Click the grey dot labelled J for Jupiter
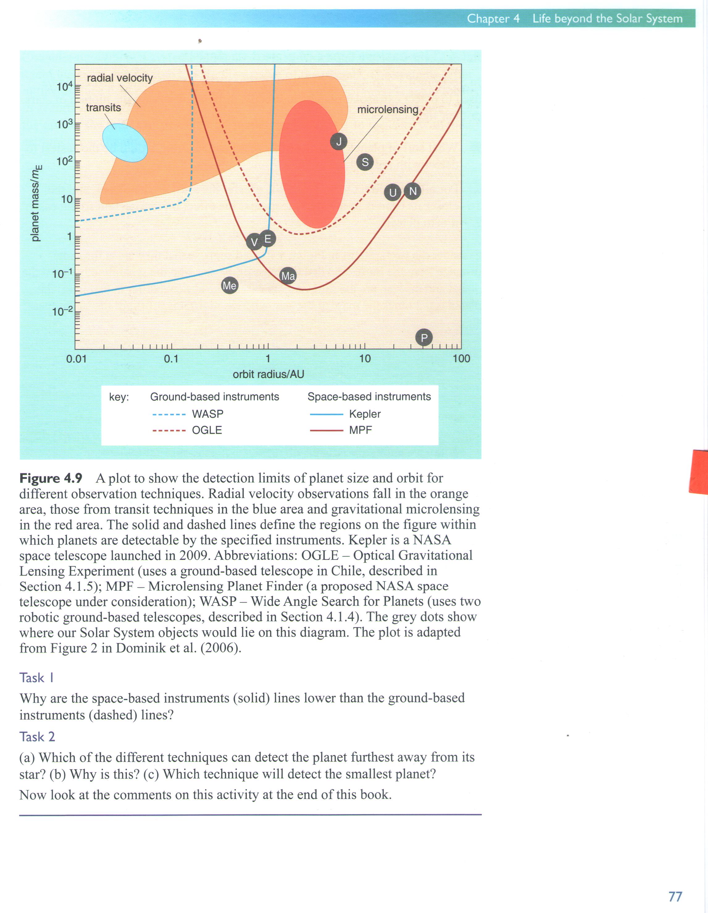[x=339, y=142]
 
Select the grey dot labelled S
[x=365, y=162]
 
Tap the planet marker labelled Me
[x=229, y=285]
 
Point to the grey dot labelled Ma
[x=288, y=276]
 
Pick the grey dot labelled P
[x=424, y=337]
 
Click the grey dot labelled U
[x=393, y=193]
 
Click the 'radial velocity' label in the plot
[x=119, y=78]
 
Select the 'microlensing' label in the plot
[x=388, y=109]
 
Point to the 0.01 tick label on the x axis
[x=77, y=359]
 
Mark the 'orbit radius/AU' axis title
[x=268, y=374]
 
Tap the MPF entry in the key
[x=360, y=430]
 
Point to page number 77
[x=675, y=896]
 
